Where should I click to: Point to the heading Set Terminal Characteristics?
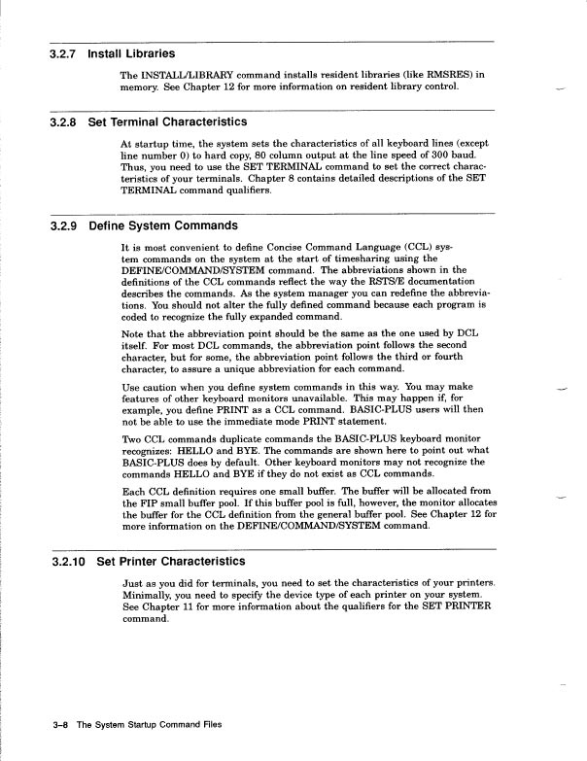click(167, 122)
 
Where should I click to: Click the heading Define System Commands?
click(162, 225)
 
